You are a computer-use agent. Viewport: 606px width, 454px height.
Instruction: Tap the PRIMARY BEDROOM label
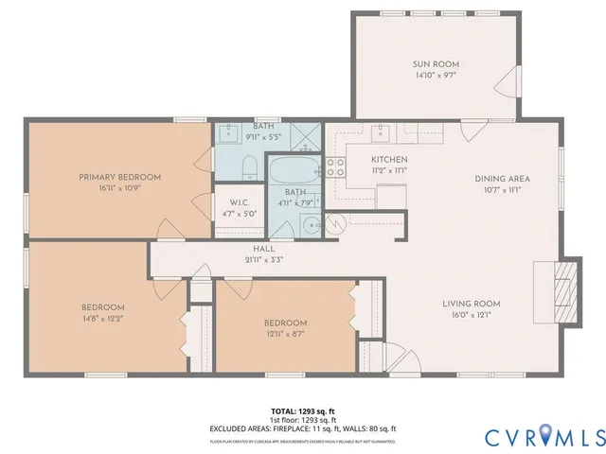[119, 177]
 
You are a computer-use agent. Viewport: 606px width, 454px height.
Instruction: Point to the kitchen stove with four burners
[335, 167]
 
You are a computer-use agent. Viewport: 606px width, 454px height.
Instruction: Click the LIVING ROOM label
[471, 304]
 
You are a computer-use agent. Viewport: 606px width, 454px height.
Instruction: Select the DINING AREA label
[502, 178]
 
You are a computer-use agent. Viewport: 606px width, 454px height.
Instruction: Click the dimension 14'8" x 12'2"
[102, 319]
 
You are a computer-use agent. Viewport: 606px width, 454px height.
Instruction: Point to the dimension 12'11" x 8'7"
[285, 334]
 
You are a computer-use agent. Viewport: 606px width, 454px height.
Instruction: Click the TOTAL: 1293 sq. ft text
[302, 410]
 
